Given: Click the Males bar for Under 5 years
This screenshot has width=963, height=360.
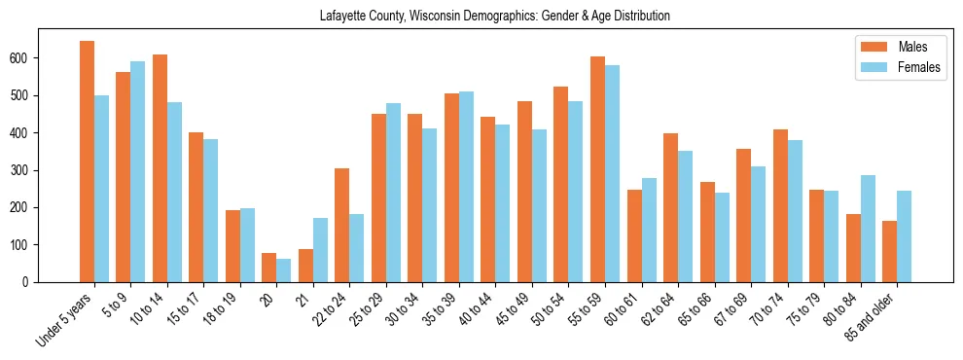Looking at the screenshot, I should click(x=87, y=162).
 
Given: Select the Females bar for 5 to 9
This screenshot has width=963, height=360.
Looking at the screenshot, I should click(x=138, y=171).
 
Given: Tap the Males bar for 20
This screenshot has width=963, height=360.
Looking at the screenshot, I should click(x=269, y=268).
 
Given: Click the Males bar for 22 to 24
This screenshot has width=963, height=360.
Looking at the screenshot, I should click(x=342, y=225).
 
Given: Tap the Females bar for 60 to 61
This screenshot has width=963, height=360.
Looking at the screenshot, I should click(x=649, y=230).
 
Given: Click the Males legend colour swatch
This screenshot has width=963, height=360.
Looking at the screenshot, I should click(x=874, y=47).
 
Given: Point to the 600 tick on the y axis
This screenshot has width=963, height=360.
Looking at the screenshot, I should click(x=38, y=58).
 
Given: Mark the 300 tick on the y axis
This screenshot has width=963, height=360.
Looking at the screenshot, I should click(x=38, y=170).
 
